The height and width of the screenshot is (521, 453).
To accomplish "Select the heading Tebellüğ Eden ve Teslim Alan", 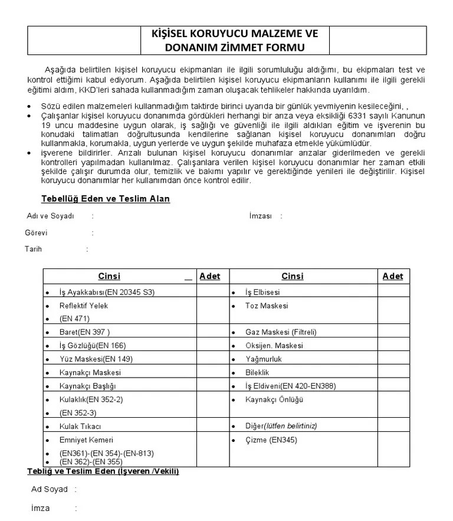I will [106, 199].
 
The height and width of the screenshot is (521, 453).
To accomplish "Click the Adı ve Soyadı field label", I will [51, 216].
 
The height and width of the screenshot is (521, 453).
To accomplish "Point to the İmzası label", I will [261, 216].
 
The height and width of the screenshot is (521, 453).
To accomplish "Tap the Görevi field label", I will [36, 232].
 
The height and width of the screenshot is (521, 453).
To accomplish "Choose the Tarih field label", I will [33, 249].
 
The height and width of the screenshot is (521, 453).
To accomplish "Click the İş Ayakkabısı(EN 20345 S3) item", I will [107, 292].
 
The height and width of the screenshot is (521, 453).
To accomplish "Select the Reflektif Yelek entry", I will [84, 306].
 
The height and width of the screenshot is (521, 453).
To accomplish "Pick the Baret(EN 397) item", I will [85, 332].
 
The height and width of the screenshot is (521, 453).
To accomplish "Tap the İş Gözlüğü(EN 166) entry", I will [93, 345].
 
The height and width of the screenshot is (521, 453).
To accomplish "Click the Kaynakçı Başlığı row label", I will [88, 386].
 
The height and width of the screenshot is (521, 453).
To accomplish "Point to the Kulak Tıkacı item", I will [81, 426].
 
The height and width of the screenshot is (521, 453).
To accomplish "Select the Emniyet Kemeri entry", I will [87, 440].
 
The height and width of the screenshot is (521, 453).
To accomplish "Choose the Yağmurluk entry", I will [264, 359].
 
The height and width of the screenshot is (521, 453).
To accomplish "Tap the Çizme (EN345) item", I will [271, 440].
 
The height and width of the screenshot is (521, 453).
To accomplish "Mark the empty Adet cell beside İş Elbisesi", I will [393, 292].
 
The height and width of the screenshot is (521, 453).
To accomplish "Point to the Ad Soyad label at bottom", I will [50, 489].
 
